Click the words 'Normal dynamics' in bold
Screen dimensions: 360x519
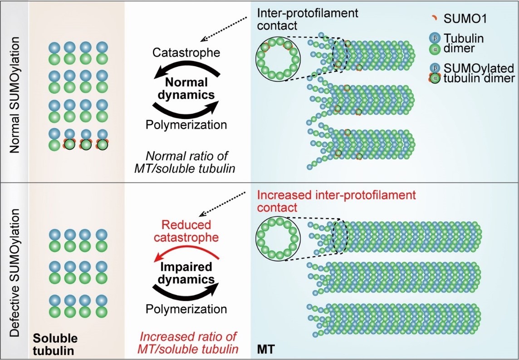coord(186,89)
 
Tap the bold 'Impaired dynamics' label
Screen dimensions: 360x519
coord(186,271)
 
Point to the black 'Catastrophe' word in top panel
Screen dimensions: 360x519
coord(186,53)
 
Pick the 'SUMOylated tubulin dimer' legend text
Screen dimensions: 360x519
coord(486,74)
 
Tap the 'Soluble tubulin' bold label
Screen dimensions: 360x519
coord(55,345)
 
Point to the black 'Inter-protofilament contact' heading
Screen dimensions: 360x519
coord(308,19)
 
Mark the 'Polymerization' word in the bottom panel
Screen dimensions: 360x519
coord(186,309)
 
